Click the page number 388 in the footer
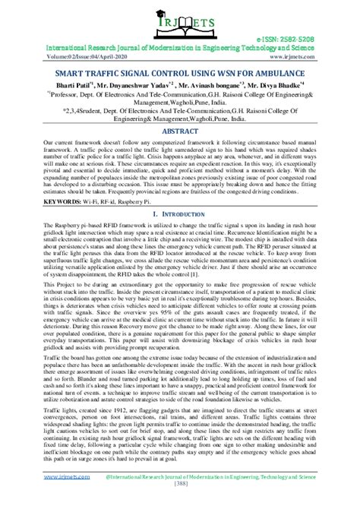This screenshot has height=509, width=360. point(179,503)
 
